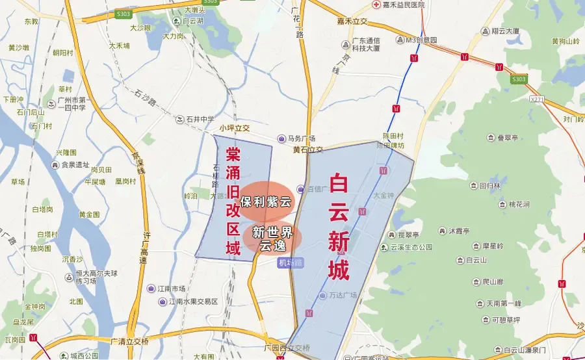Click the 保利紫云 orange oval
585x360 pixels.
pos(266,201)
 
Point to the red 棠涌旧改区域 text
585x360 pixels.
pos(233,201)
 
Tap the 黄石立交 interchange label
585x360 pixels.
pos(307,150)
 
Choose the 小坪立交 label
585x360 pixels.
pos(235,128)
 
